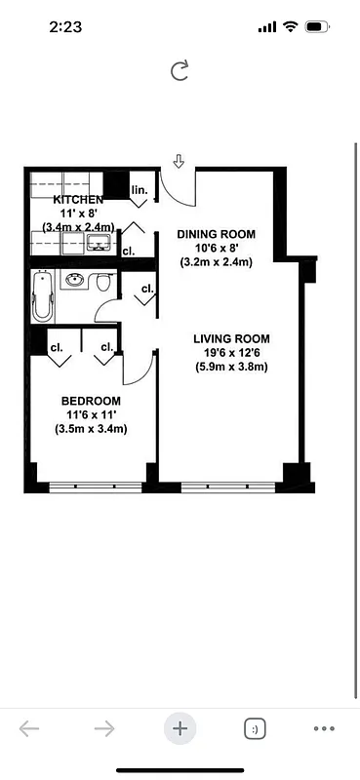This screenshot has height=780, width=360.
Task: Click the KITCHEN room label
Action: click(78, 199)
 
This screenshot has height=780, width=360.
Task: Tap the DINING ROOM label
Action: click(216, 234)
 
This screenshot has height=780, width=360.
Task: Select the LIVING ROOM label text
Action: click(230, 339)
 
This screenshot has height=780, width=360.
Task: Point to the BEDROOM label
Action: click(91, 401)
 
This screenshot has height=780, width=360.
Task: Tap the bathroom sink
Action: click(75, 282)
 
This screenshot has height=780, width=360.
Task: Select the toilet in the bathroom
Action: click(104, 283)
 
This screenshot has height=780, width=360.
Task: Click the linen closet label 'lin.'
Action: click(139, 189)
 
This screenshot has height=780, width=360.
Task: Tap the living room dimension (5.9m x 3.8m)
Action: click(230, 368)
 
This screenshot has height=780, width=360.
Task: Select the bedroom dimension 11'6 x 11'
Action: click(91, 414)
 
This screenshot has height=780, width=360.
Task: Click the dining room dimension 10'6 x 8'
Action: click(216, 248)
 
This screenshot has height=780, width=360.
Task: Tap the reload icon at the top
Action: click(180, 69)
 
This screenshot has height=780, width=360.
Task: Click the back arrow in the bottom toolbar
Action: click(29, 728)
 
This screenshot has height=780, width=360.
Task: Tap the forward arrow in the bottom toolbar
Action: click(104, 728)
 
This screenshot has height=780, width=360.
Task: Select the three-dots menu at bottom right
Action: click(324, 728)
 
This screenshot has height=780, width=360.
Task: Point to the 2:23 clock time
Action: click(64, 27)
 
